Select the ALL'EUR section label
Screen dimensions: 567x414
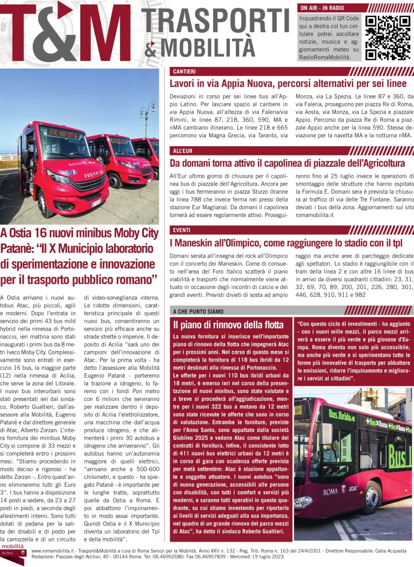coord(184,151)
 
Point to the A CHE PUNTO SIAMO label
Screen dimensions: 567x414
coord(198,311)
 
